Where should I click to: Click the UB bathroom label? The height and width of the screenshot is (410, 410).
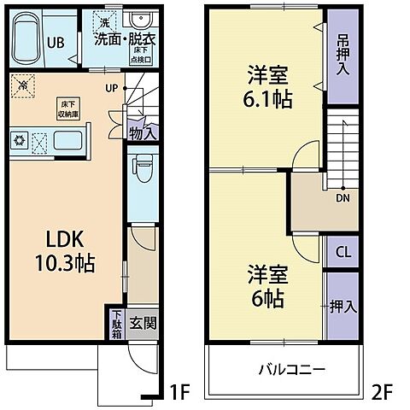55,42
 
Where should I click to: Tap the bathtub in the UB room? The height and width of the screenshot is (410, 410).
31,38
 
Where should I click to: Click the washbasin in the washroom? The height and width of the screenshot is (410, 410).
138,22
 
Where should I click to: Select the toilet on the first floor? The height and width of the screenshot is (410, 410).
143,172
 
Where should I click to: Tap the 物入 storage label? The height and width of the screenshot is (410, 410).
143,132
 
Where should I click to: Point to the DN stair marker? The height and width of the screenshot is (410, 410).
342,198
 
